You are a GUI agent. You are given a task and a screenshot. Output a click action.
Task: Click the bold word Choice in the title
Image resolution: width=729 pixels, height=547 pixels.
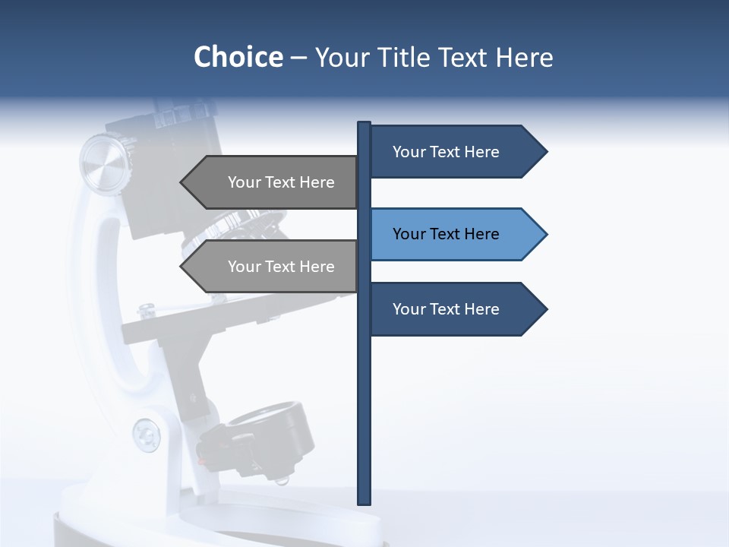point(238,57)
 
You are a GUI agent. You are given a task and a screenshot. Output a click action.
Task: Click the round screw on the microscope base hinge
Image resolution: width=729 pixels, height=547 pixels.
point(146,435)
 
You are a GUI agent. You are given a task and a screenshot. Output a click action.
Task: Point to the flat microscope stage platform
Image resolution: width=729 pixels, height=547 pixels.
point(228,319)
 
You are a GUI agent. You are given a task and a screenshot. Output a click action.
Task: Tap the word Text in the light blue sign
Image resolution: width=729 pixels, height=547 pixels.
point(446,234)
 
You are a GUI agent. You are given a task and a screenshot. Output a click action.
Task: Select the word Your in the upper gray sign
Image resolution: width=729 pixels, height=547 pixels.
point(243,182)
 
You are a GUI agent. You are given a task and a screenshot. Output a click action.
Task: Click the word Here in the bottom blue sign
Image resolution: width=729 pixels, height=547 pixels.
point(481,309)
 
